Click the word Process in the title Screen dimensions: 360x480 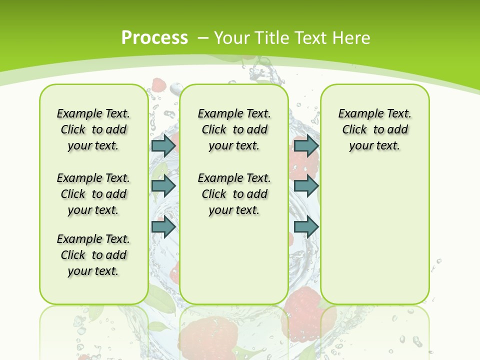point(154,37)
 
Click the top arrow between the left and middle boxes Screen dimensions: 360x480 point(163,145)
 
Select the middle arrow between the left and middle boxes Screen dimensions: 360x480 point(163,186)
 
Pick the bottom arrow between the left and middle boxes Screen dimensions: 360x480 point(163,227)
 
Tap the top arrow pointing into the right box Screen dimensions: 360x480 point(306,145)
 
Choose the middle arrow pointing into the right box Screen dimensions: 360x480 point(306,186)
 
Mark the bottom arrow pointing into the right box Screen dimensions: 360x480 point(306,227)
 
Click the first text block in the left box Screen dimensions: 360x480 point(93,129)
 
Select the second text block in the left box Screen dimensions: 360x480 point(93,194)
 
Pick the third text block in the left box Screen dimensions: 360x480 point(93,255)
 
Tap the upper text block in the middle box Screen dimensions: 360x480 point(234,129)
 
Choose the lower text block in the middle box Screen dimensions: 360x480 point(234,194)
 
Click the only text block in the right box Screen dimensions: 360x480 point(375,129)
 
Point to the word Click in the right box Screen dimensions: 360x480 point(354,130)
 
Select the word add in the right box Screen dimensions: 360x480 point(397,130)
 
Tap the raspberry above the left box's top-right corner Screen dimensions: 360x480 point(159,85)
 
